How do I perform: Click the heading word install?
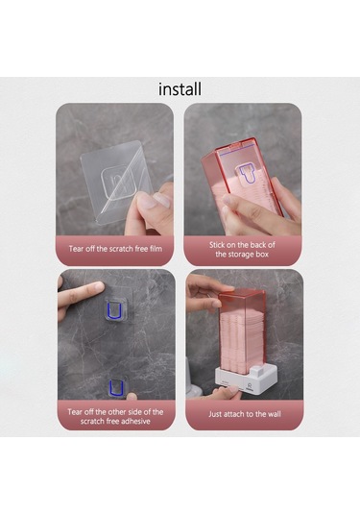coord(180,89)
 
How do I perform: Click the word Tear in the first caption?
coord(75,249)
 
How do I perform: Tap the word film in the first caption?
coord(156,249)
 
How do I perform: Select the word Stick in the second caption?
coord(217,245)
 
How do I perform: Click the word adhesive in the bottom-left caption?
coord(134,421)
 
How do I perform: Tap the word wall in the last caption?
coord(275,414)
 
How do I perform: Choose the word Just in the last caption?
coord(215,414)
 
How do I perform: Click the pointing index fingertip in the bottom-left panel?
coord(97,287)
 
